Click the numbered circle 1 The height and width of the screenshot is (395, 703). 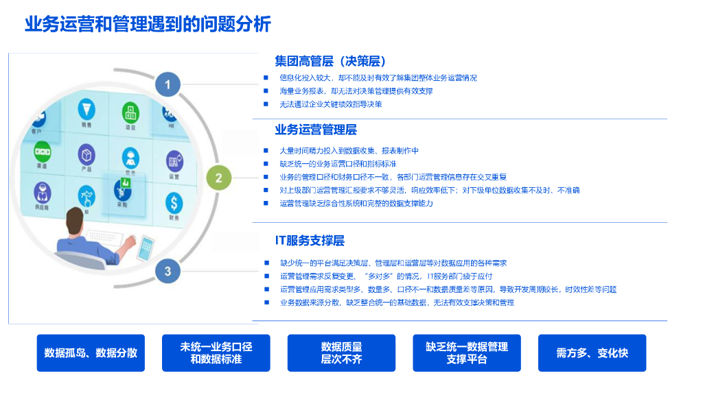click(168, 85)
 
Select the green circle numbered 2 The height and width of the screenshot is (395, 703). click(218, 178)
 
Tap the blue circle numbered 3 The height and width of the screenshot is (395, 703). click(168, 271)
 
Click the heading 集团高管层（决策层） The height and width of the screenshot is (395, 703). click(330, 60)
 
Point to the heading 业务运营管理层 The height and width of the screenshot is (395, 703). click(316, 129)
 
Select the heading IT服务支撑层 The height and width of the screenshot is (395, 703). click(310, 240)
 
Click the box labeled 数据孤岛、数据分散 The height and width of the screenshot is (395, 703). click(91, 353)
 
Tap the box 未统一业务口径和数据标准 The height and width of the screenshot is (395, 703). click(216, 353)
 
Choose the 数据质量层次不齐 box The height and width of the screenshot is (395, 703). click(341, 353)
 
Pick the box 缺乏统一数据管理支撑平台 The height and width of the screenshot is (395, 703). click(467, 353)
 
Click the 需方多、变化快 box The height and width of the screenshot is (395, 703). click(592, 353)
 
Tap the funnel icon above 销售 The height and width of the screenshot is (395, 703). click(86, 108)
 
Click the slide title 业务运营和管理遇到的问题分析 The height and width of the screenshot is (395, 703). click(148, 25)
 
